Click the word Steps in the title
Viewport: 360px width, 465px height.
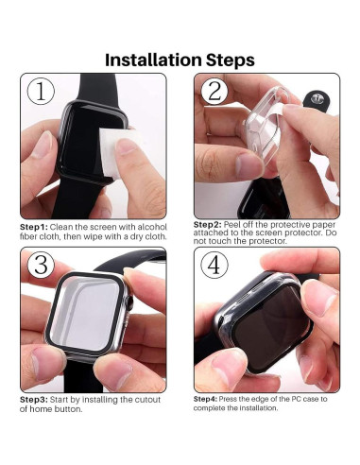pos(229,60)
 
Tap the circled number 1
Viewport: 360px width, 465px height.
pos(41,92)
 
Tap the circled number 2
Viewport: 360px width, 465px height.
pos(214,92)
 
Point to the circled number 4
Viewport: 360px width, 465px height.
pos(214,266)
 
